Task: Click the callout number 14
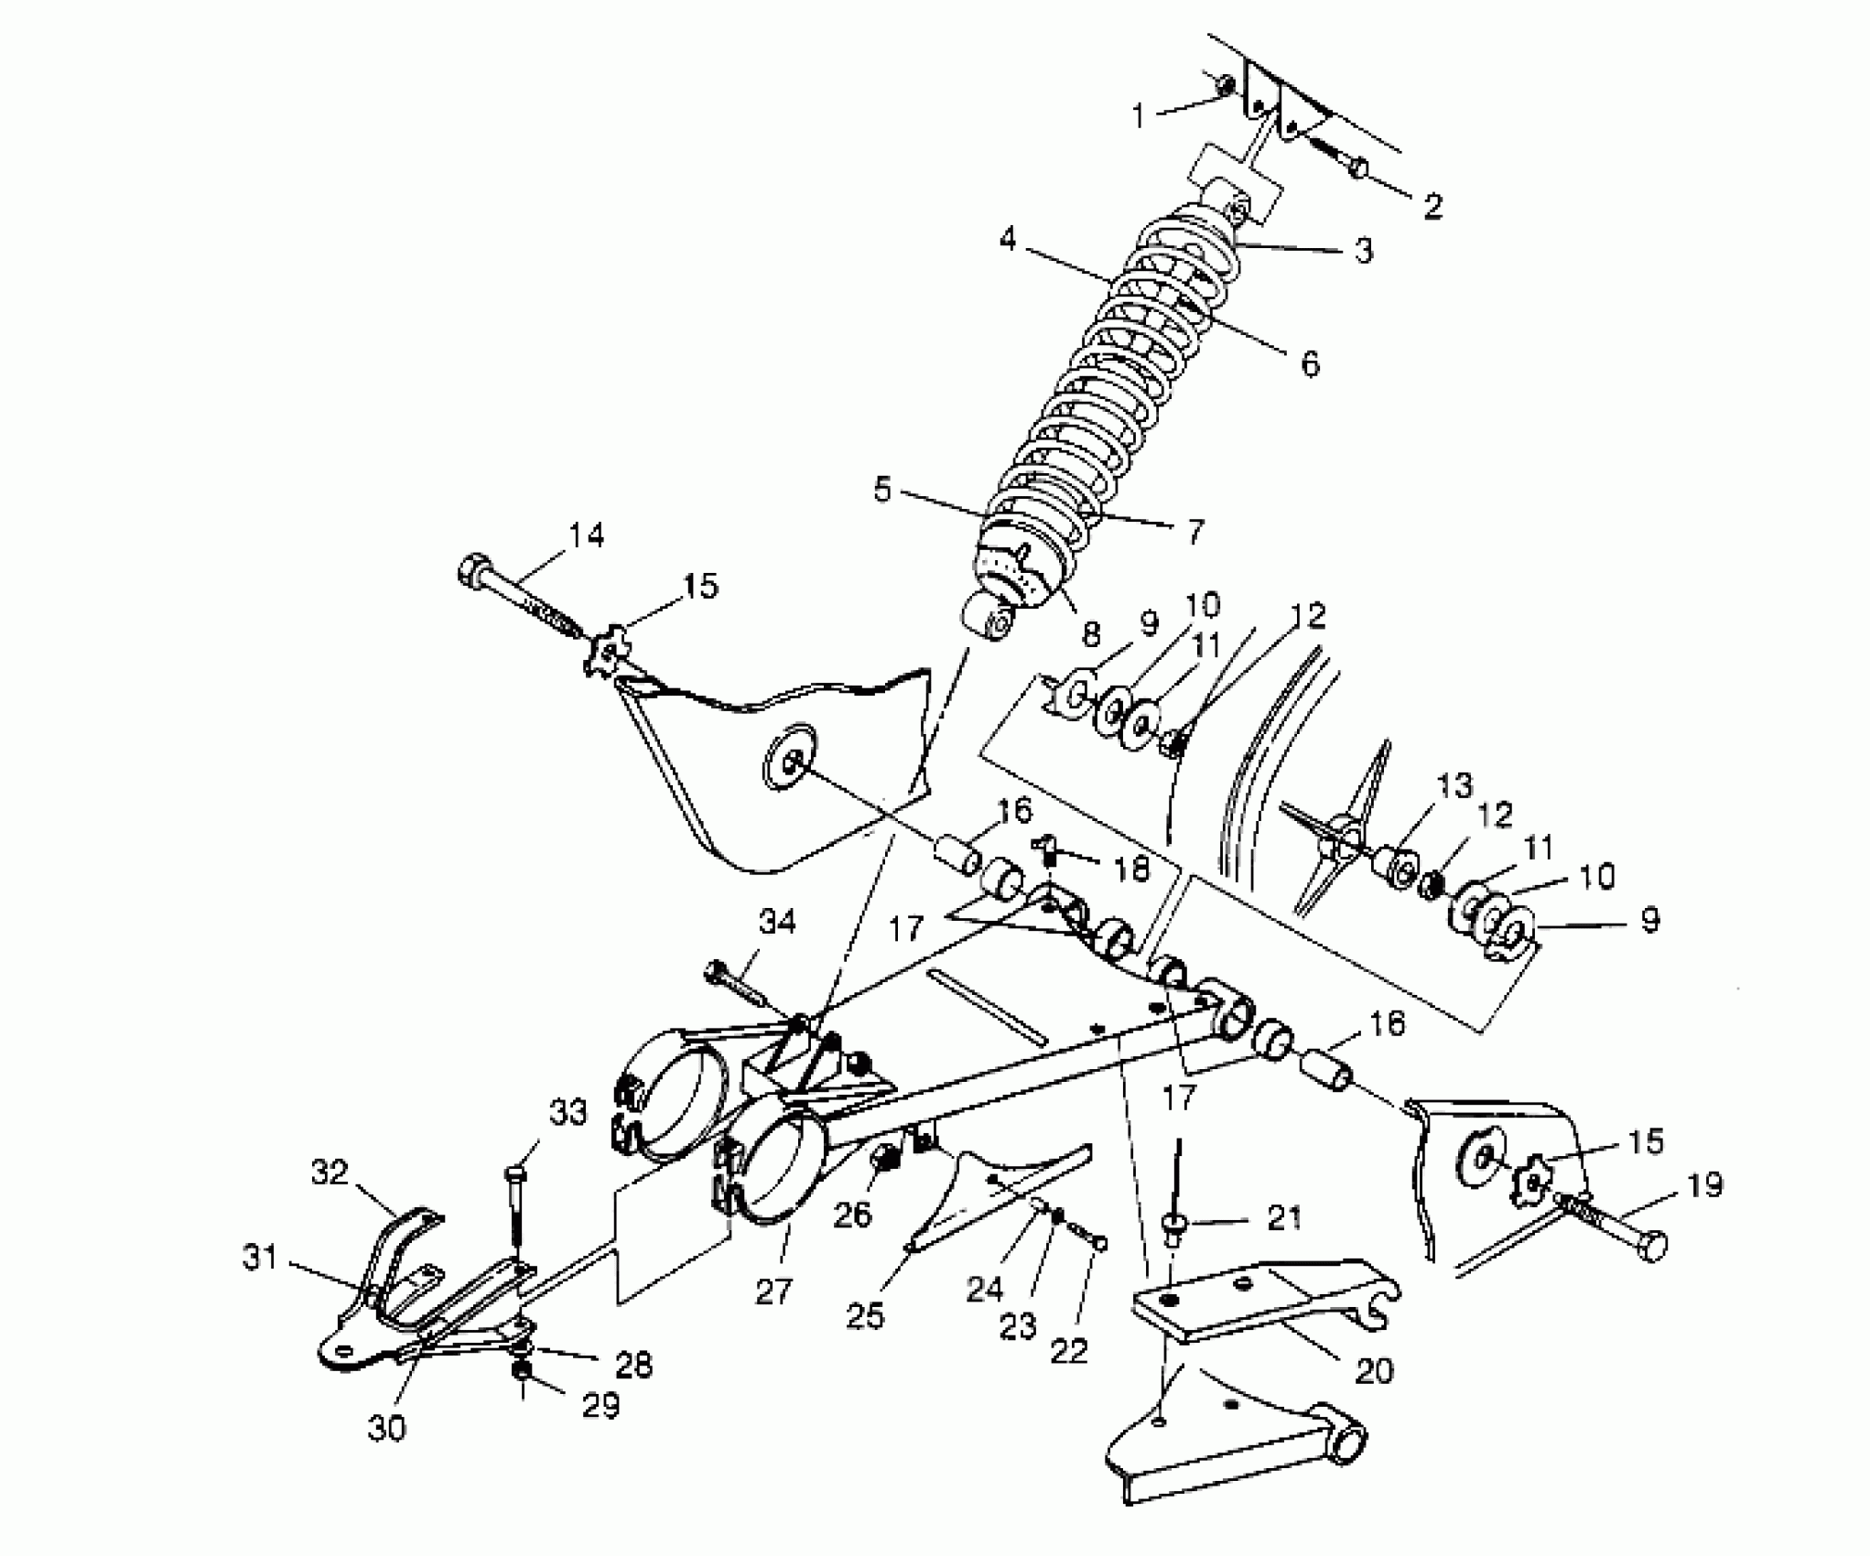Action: [586, 535]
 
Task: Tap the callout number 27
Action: [773, 1291]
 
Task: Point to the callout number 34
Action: [777, 923]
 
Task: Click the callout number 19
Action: [1702, 1185]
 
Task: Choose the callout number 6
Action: [1311, 364]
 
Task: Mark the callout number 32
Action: [330, 1172]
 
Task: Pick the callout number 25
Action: [866, 1315]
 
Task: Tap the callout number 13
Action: [1454, 785]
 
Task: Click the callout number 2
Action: [1432, 206]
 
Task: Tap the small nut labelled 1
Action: [1225, 85]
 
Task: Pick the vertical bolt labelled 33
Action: [515, 1208]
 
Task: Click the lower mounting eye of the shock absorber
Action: [990, 624]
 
